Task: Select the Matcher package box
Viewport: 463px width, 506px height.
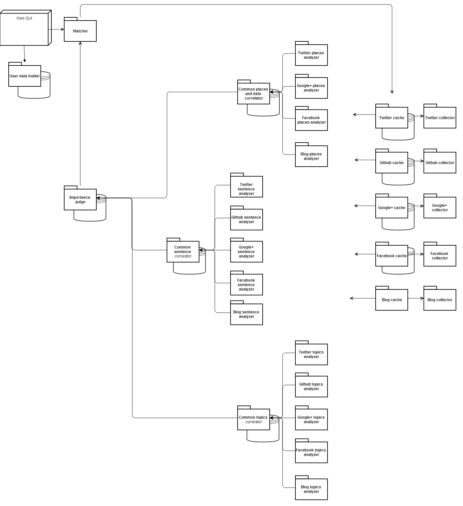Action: tap(80, 31)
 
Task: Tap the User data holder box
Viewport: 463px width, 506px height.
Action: tap(25, 76)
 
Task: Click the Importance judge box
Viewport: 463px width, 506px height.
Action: tap(80, 199)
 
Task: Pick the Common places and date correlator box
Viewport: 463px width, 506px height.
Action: tap(254, 93)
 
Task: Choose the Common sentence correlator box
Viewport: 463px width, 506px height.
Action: tap(183, 251)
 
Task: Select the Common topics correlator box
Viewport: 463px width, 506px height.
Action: tap(254, 419)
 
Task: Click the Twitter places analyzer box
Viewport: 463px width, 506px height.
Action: tap(311, 55)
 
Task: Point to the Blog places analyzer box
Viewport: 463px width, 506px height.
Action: tap(311, 156)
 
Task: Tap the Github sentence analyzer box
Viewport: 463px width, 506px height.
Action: tap(247, 219)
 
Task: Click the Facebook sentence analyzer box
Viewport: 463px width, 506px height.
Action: tap(247, 284)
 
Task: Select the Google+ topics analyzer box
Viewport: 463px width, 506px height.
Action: tap(311, 419)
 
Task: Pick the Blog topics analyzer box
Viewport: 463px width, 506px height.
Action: tap(311, 489)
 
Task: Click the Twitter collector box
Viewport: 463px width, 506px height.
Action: tap(440, 118)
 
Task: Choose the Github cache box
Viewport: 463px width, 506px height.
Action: tap(392, 162)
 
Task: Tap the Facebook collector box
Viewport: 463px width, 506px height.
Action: tap(440, 256)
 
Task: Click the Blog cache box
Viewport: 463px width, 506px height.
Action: tap(392, 300)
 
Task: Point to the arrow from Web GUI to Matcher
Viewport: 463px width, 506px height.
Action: tap(56, 29)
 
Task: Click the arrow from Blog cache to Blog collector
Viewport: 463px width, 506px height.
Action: tap(416, 298)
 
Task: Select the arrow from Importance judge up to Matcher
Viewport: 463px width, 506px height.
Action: tap(80, 112)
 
